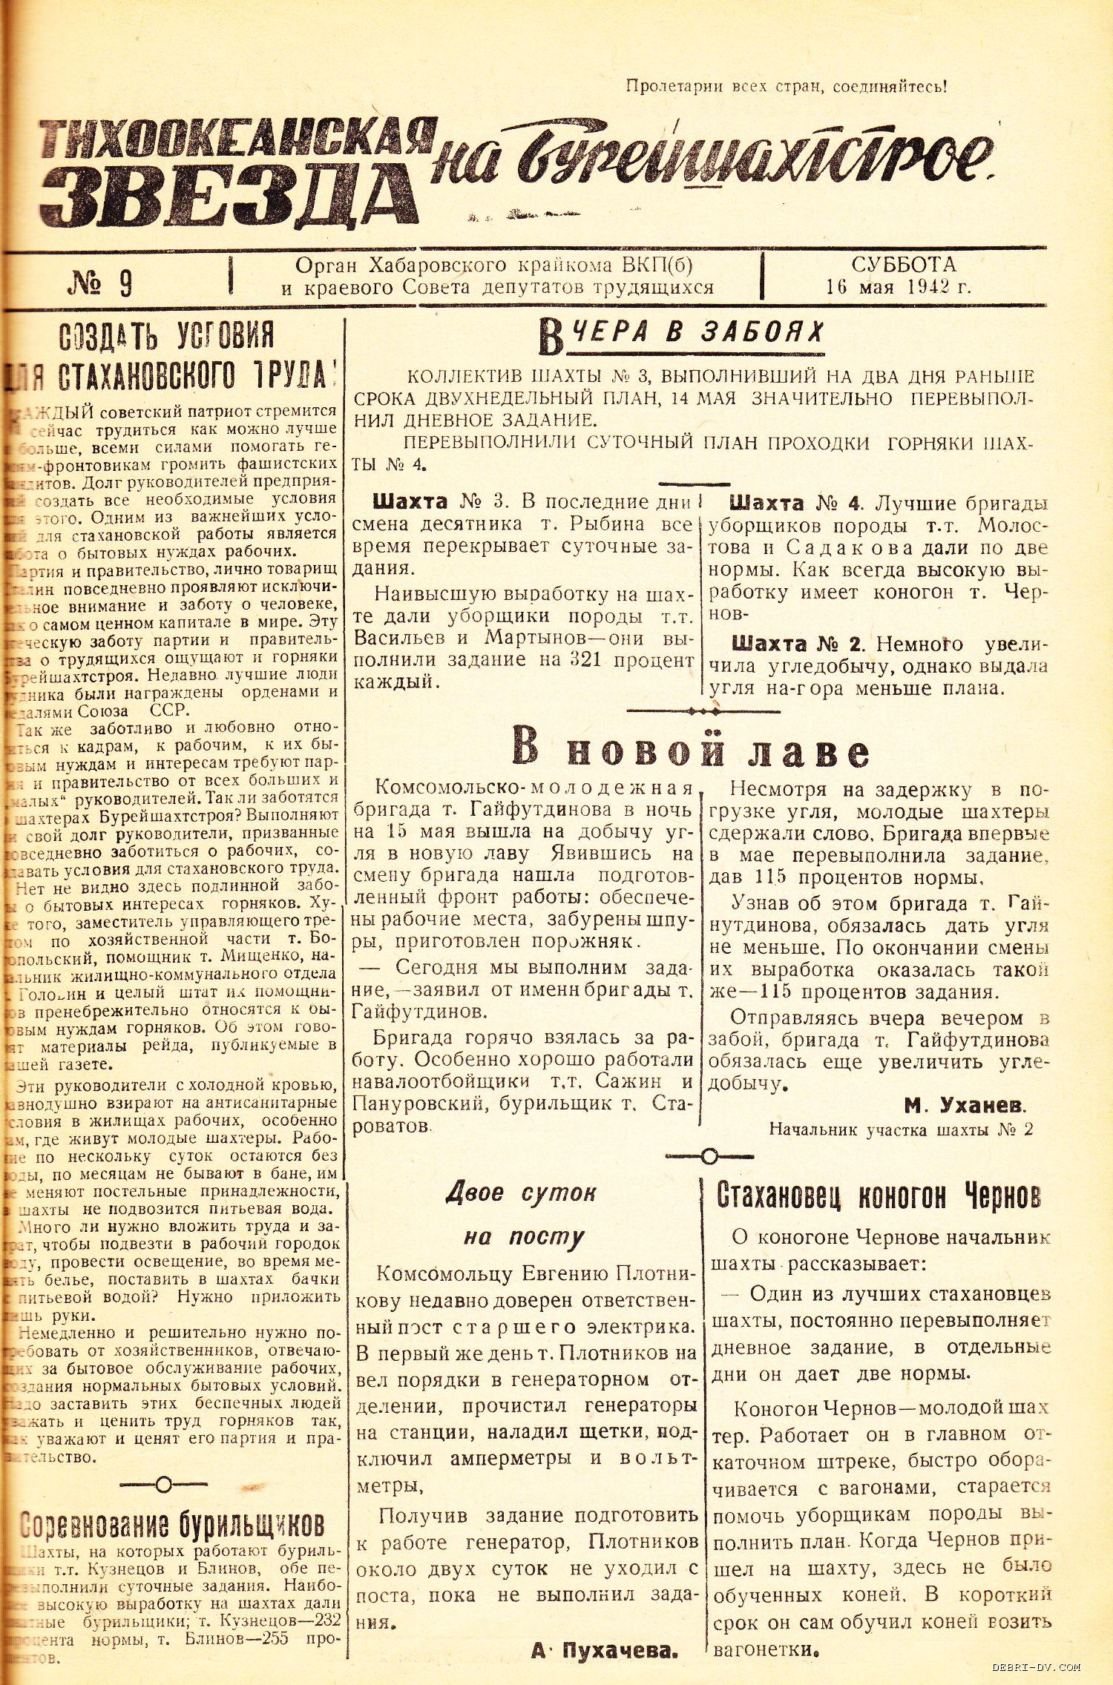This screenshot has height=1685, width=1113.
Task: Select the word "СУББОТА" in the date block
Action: point(903,265)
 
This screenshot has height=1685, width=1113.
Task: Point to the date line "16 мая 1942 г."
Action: point(898,287)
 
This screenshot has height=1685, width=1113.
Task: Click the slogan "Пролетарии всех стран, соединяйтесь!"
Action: point(786,87)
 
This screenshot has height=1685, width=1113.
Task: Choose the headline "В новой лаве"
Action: point(690,750)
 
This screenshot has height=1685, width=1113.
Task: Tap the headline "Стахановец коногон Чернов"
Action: point(879,1196)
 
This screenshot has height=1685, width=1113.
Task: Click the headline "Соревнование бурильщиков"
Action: point(172,1525)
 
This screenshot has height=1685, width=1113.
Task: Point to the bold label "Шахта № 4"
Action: point(795,504)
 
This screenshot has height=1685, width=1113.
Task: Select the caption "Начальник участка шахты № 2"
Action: point(901,1130)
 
